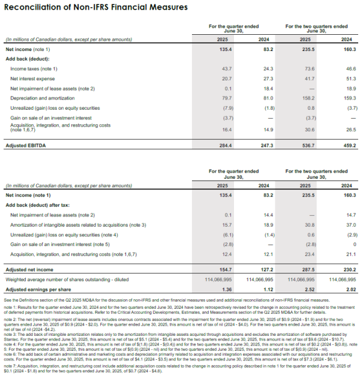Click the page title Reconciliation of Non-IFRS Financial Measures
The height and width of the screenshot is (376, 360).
[96, 7]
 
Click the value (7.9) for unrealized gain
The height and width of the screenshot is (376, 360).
[227, 108]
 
